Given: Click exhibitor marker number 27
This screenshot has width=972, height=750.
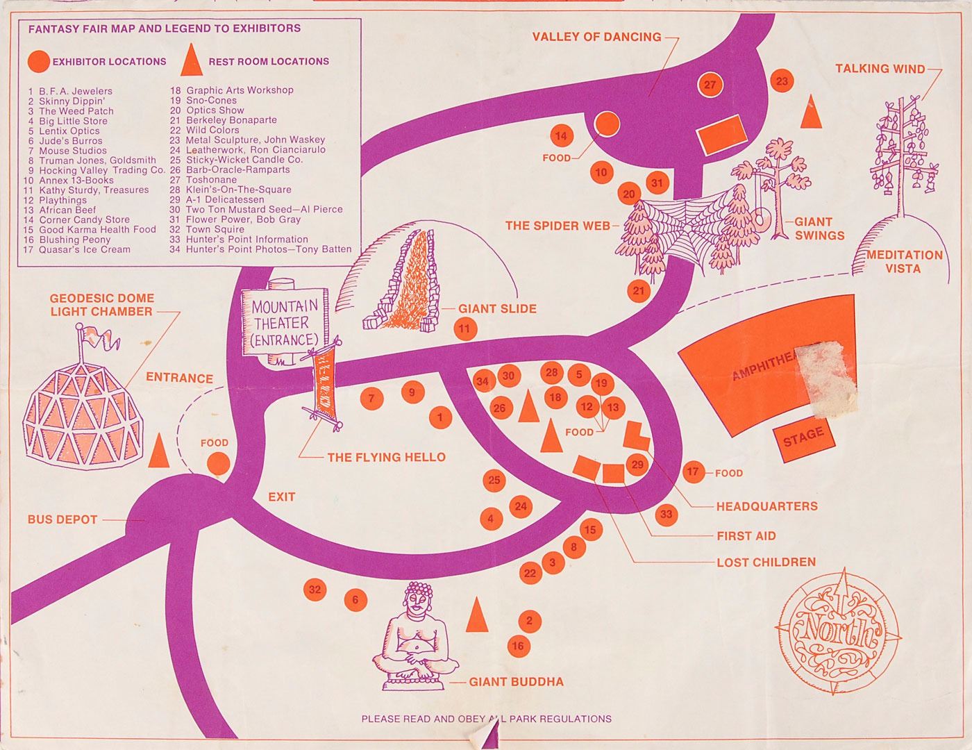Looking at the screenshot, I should tap(710, 85).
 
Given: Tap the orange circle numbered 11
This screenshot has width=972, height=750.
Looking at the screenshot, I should tap(465, 328).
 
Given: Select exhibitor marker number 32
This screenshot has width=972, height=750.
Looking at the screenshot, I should tap(316, 590).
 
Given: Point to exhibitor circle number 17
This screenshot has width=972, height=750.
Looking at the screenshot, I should tap(693, 472).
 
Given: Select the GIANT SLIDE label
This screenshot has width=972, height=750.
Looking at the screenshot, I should tap(497, 308).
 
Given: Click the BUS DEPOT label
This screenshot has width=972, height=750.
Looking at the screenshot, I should tap(62, 519).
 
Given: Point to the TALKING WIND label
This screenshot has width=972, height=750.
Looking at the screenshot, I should tap(880, 69).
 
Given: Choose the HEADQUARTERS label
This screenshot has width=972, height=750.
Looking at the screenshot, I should tap(766, 506).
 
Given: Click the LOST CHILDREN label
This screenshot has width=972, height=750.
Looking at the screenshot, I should tap(766, 562).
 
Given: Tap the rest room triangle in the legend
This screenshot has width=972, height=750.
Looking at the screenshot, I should tap(191, 60).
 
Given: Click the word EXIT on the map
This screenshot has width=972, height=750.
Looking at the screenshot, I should tap(281, 497).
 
